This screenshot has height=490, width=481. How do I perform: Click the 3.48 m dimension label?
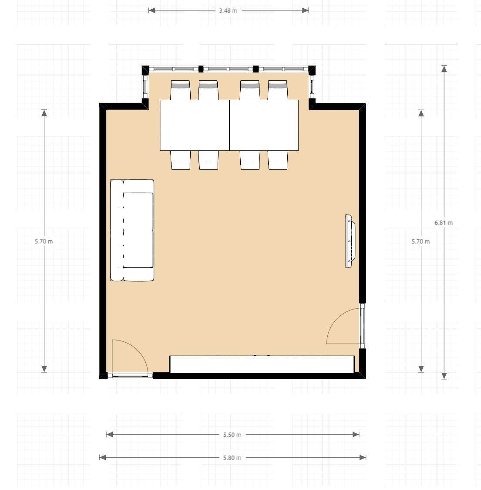coord(228,10)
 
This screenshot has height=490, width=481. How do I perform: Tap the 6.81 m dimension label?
coord(444,223)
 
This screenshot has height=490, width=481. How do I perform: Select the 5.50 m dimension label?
coord(232,435)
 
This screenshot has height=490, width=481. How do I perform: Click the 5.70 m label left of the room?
coord(44,241)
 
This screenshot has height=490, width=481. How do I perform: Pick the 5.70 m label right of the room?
coord(420,241)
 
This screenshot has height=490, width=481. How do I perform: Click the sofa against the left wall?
coord(132,230)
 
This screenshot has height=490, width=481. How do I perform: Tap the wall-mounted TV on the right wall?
coord(350,241)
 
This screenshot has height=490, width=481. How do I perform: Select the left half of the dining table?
coord(195,125)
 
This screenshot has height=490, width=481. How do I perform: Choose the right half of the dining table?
coord(264,125)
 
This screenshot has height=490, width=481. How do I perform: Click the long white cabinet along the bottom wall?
coord(262,364)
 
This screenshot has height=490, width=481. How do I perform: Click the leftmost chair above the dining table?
coord(180,90)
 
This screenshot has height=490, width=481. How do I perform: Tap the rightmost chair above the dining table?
coord(277,90)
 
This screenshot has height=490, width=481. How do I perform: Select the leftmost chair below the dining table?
coord(180,160)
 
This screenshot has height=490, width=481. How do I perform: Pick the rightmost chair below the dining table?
coord(277,160)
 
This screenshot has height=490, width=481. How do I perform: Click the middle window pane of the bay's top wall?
coord(228,69)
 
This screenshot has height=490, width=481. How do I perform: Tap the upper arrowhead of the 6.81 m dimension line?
coord(444,68)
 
